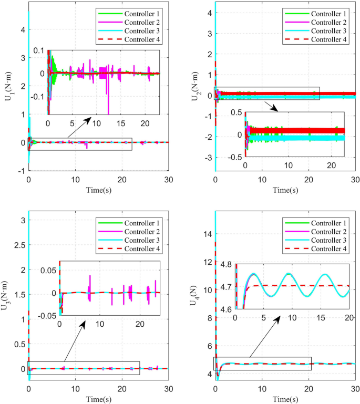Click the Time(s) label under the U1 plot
pos(98,189)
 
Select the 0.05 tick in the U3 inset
pos(49,270)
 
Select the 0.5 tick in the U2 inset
pos(235,113)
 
